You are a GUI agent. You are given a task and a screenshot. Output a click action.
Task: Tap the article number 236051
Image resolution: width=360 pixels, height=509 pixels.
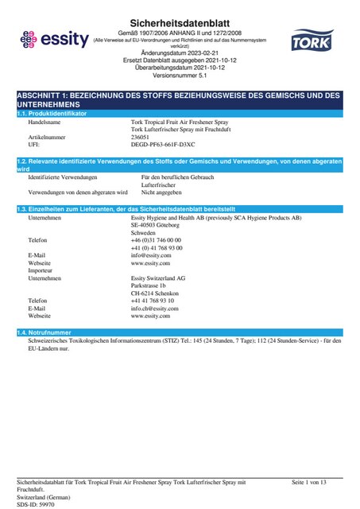[140, 137]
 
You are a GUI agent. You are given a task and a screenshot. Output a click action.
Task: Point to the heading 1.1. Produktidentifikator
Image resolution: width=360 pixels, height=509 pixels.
[52, 115]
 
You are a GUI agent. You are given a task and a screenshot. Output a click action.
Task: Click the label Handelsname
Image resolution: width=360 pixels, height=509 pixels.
[45, 123]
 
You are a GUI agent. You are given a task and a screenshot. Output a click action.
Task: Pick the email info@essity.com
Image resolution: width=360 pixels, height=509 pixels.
[151, 254]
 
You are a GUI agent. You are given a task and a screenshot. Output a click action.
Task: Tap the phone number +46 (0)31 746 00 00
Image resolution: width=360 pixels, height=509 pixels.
[156, 239]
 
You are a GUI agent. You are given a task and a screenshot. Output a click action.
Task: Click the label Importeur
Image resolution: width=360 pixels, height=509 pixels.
[41, 270]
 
